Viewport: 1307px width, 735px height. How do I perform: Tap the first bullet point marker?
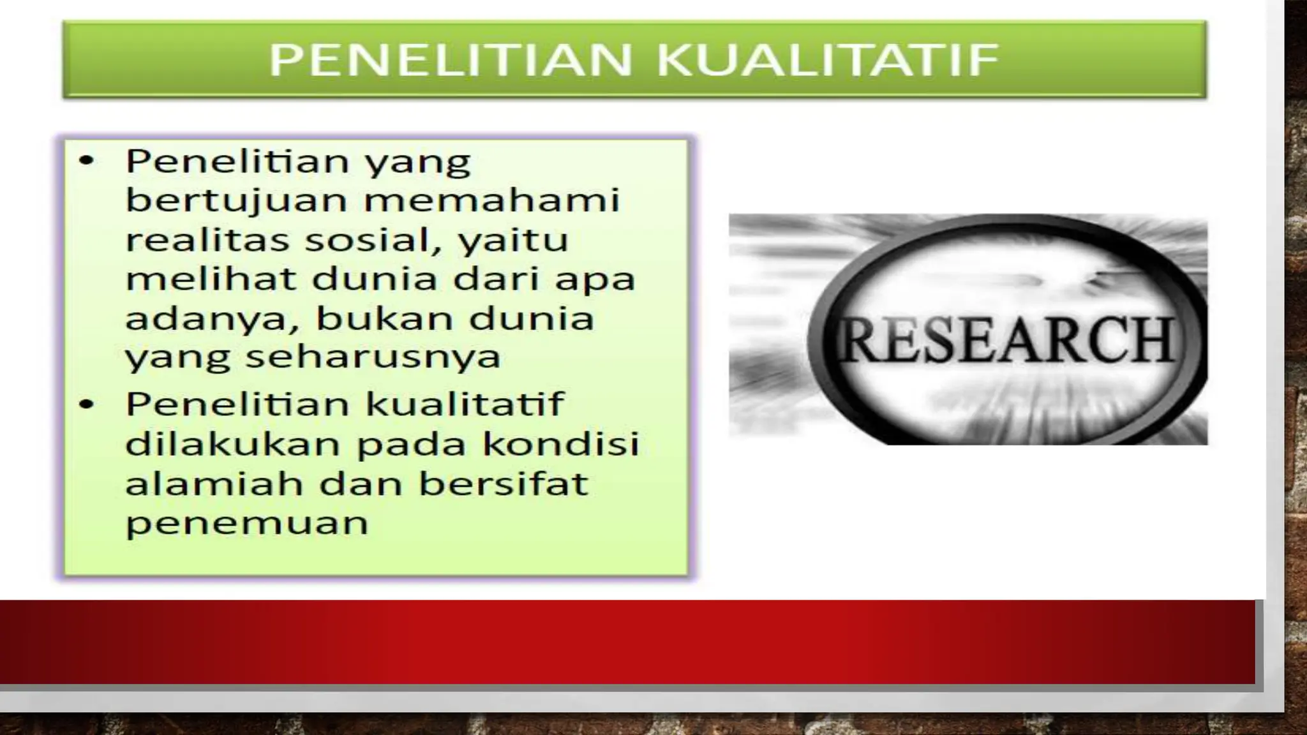point(86,161)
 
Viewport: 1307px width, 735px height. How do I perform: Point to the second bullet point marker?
point(86,405)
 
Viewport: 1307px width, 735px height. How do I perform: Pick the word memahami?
point(491,200)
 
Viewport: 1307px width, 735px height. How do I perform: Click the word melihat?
point(211,279)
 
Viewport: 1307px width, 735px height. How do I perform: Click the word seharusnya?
point(373,357)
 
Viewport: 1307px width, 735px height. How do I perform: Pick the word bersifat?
point(503,483)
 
